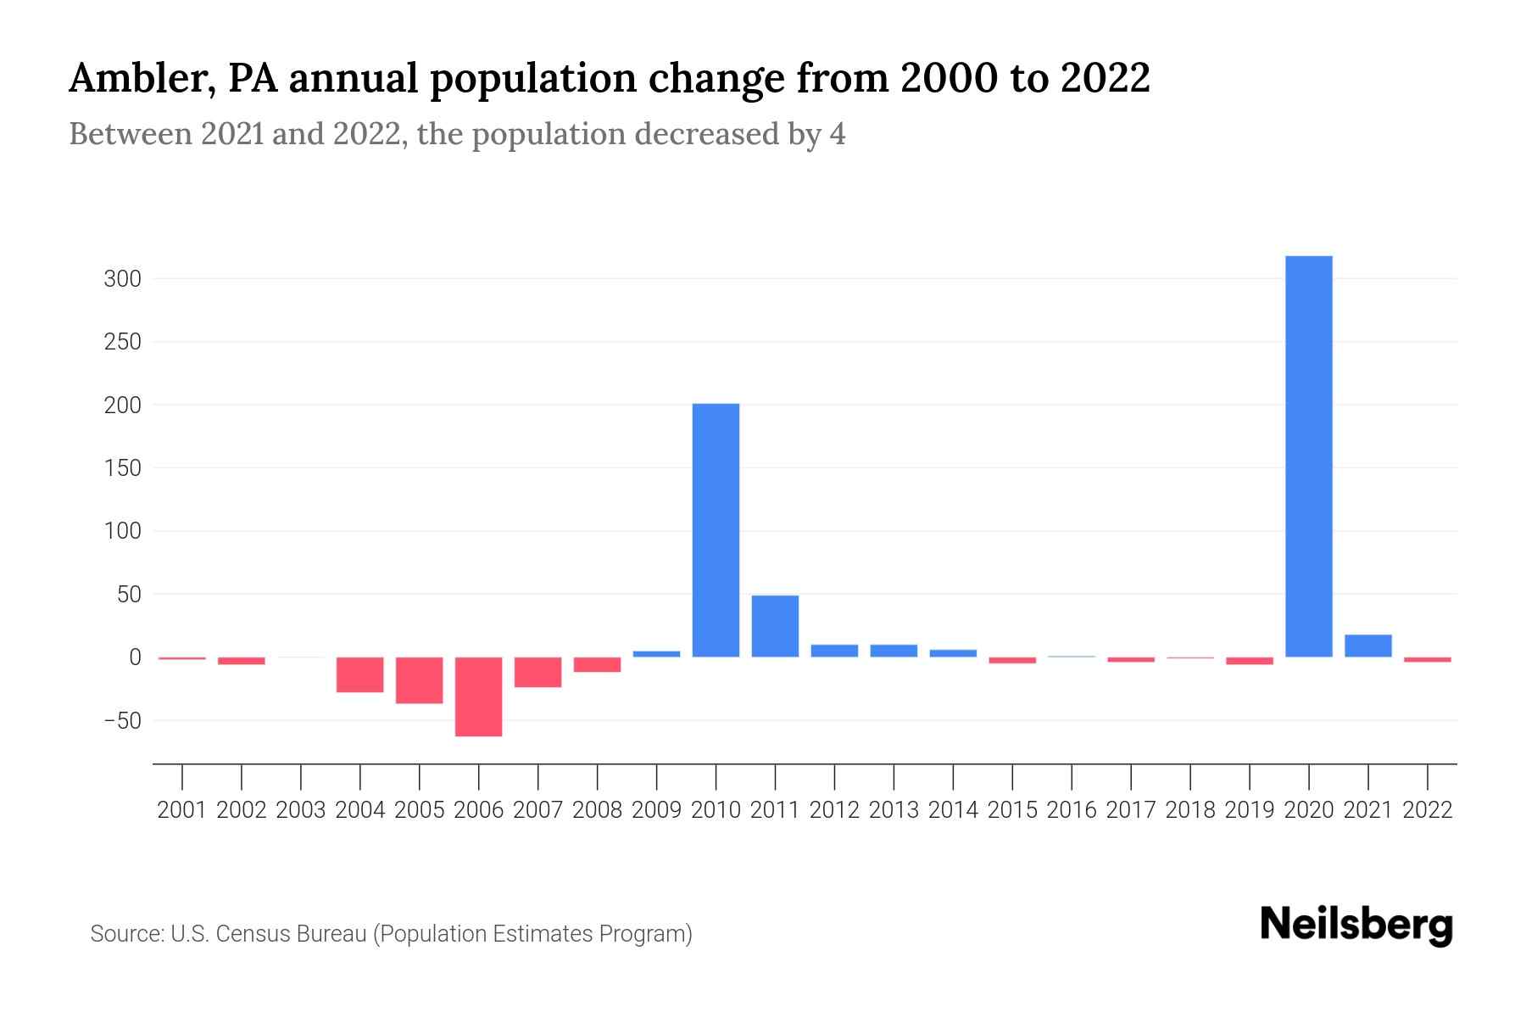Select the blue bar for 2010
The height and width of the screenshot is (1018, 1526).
(716, 530)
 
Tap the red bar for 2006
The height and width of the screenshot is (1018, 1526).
(478, 696)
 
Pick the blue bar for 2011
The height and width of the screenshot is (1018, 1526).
(775, 626)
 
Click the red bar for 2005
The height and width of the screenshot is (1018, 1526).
(419, 680)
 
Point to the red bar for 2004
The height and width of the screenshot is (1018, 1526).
(359, 674)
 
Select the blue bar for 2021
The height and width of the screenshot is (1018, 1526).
(1367, 646)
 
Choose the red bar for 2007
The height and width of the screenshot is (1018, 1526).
(537, 672)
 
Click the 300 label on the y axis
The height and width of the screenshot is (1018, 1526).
(122, 279)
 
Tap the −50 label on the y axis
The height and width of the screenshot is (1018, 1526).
(122, 721)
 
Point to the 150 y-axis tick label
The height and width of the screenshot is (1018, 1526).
(122, 468)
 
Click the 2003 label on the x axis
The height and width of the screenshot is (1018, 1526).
(301, 810)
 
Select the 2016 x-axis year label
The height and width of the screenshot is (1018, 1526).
(1072, 810)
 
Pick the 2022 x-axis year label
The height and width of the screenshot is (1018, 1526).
(1428, 810)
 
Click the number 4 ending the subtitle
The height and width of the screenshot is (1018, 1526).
(838, 134)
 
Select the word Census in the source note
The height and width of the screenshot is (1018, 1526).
(248, 934)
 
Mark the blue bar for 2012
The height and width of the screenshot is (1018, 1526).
(834, 651)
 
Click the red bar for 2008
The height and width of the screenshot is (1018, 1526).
(597, 664)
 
